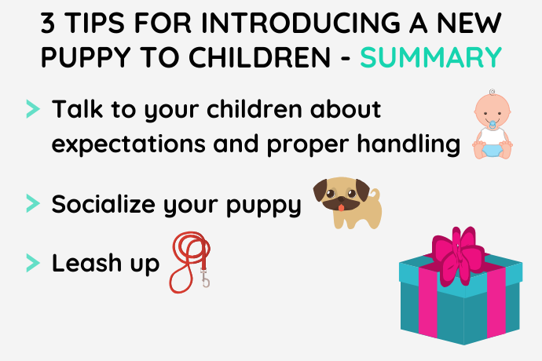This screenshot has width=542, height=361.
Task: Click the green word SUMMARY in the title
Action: [x=430, y=57]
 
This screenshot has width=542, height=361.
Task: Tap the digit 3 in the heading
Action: [x=48, y=23]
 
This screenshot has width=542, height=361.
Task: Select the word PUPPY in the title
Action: [x=86, y=57]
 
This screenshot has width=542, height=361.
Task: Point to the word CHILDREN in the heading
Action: [x=259, y=57]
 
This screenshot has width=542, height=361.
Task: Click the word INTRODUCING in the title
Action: [x=300, y=23]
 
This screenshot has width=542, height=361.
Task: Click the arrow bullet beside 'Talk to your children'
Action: [x=33, y=109]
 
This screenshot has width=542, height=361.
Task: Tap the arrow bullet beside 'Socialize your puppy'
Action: [x=33, y=203]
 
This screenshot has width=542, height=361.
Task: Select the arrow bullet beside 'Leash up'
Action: [x=33, y=263]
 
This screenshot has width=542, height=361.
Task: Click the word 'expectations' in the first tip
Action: [x=129, y=144]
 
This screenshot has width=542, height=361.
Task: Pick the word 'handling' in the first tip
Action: [x=408, y=144]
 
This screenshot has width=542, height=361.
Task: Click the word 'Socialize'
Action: [x=104, y=203]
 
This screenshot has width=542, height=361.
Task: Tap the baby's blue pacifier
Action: [x=493, y=124]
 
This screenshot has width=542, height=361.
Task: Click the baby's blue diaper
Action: [x=493, y=151]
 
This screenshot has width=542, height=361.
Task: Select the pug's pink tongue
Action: [x=341, y=208]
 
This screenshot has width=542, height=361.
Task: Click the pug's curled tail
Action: [x=375, y=194]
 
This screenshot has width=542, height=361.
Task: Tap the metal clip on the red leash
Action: [x=205, y=277]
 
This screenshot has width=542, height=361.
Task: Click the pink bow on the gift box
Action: [x=457, y=254]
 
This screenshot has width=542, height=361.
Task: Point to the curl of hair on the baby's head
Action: [x=492, y=92]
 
